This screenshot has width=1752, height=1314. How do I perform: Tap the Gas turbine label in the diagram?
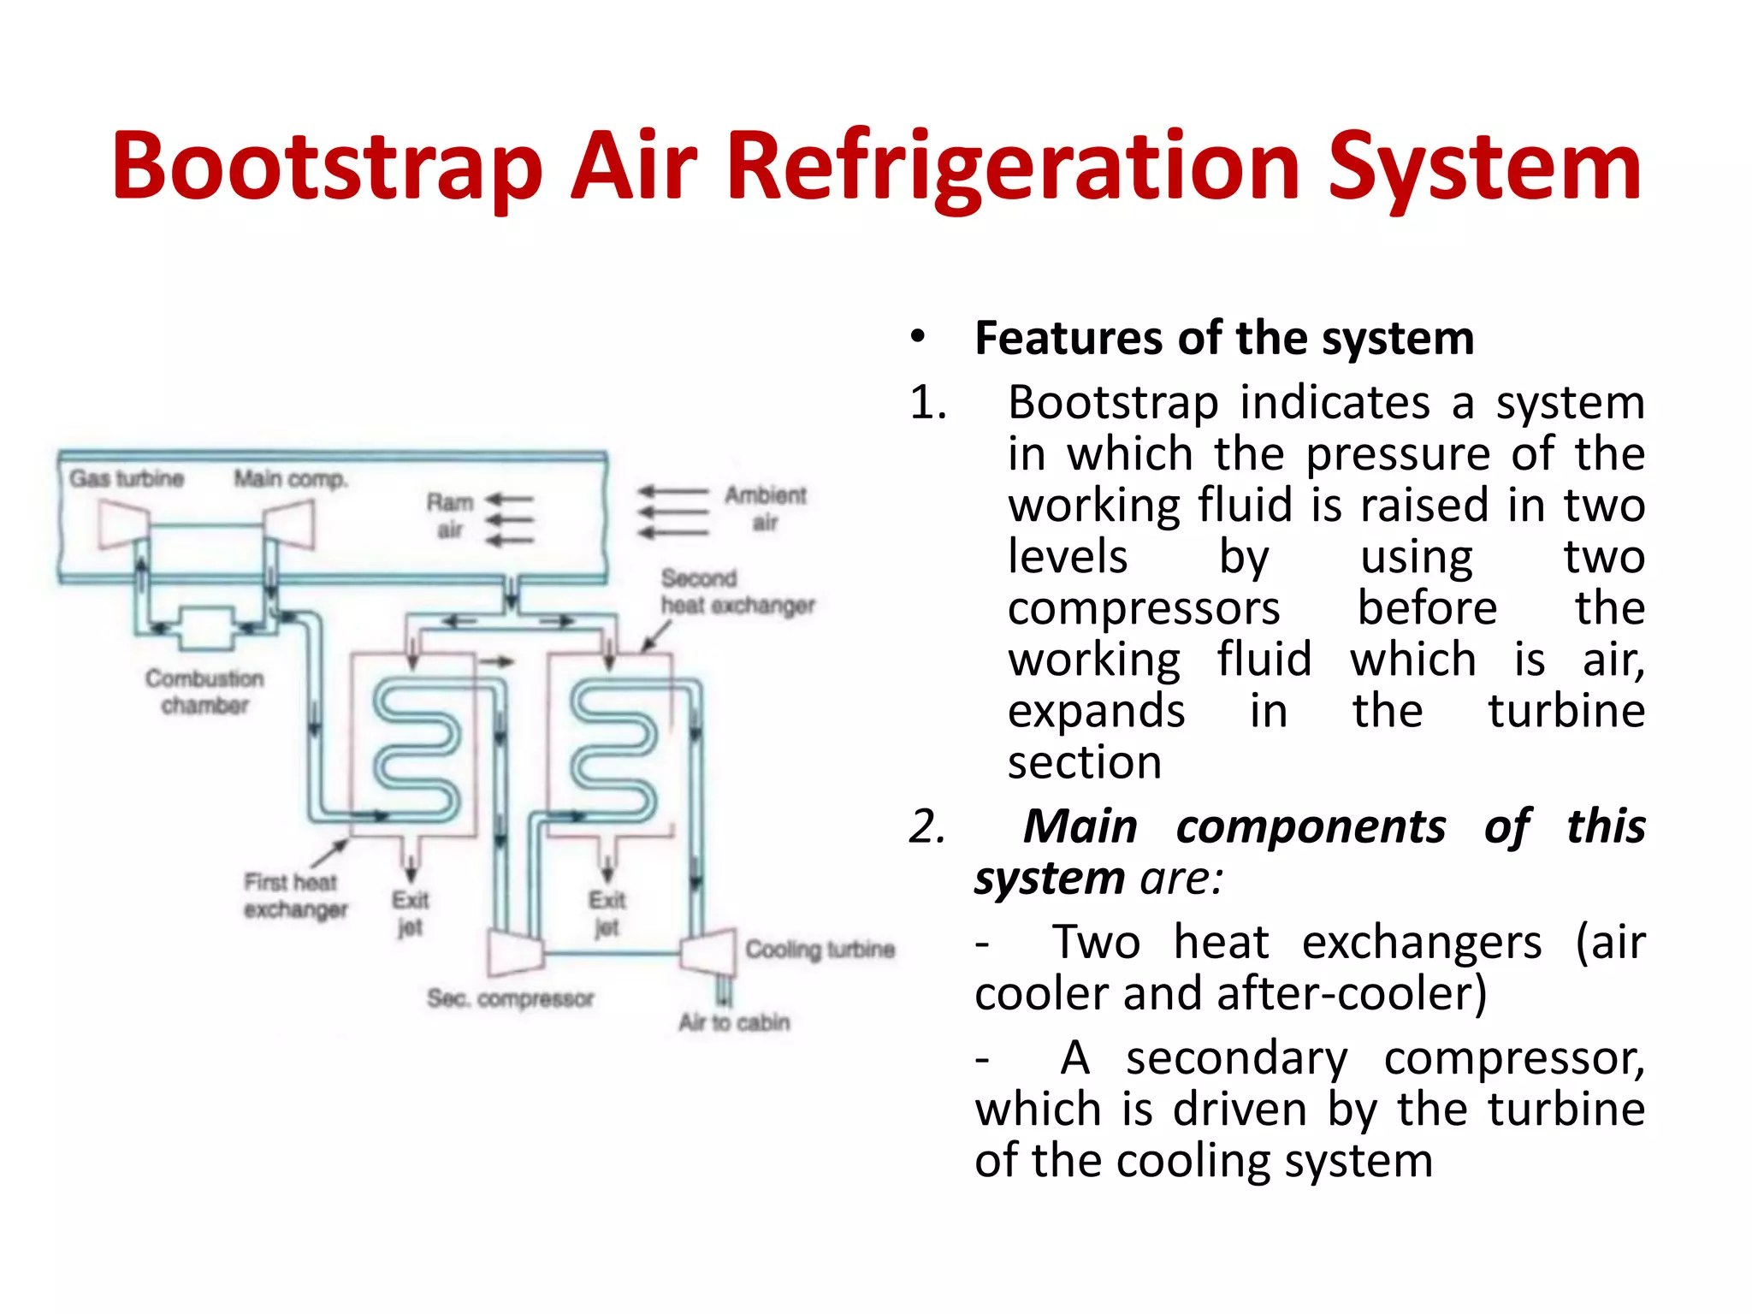tap(127, 478)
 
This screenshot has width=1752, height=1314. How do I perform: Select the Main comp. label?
tap(291, 478)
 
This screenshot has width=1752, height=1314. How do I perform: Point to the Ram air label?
tap(450, 516)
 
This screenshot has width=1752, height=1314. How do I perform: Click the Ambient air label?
tap(765, 508)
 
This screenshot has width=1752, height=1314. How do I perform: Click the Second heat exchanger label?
tap(737, 592)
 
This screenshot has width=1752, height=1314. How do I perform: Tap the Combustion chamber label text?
tap(204, 691)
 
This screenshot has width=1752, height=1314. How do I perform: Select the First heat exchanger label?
tap(294, 895)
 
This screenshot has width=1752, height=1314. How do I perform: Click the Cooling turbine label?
tap(820, 949)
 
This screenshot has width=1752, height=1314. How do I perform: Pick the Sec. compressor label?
tap(510, 998)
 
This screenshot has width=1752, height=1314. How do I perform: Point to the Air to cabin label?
tap(734, 1022)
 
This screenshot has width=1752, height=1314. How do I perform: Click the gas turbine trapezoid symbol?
tap(122, 524)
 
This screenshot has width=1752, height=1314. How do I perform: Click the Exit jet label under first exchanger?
tap(410, 913)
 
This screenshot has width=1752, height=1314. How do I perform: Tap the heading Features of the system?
tap(1224, 338)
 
